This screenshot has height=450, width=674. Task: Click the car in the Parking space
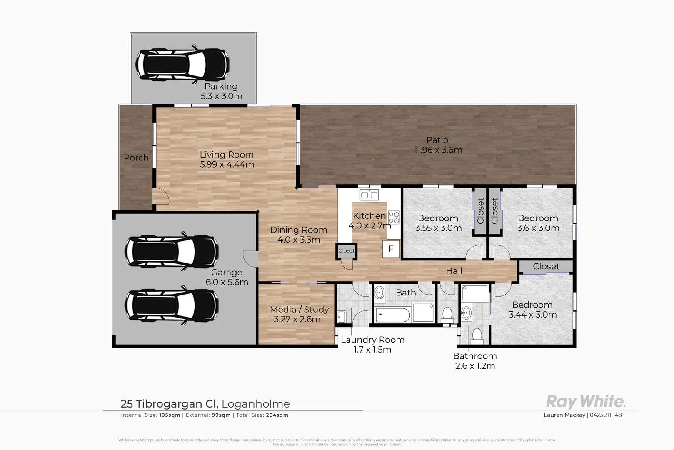(182, 65)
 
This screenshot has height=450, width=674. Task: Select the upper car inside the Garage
(171, 251)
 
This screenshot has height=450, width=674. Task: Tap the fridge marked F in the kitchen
(391, 249)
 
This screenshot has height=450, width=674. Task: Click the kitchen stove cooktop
(394, 217)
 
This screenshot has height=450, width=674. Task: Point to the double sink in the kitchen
(369, 195)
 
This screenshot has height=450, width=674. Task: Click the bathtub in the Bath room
(392, 315)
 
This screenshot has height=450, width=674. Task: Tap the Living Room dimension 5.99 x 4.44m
(227, 165)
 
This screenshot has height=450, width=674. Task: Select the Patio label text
(437, 140)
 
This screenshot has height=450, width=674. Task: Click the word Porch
(136, 158)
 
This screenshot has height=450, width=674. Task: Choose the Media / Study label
(299, 310)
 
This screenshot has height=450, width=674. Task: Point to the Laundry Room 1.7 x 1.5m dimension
(372, 350)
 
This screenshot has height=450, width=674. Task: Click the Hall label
(454, 271)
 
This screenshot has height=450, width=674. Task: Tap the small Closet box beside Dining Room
(346, 250)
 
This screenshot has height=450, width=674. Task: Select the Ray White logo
(585, 401)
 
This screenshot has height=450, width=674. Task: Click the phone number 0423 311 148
(606, 415)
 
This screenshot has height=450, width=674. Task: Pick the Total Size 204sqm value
(277, 415)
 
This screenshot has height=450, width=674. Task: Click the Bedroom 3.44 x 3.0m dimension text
(532, 315)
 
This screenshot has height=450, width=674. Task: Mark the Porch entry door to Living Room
(161, 196)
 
